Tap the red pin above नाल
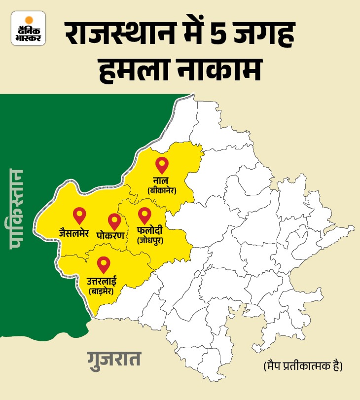pyautogui.click(x=161, y=164)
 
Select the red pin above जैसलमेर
pyautogui.click(x=79, y=215)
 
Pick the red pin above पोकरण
pyautogui.click(x=114, y=221)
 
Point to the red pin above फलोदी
pyautogui.click(x=144, y=215)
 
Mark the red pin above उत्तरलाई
pyautogui.click(x=103, y=264)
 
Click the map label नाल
pyautogui.click(x=162, y=180)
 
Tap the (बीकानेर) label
pyautogui.click(x=162, y=190)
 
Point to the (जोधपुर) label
pyautogui.click(x=150, y=241)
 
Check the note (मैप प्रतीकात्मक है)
pyautogui.click(x=300, y=367)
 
